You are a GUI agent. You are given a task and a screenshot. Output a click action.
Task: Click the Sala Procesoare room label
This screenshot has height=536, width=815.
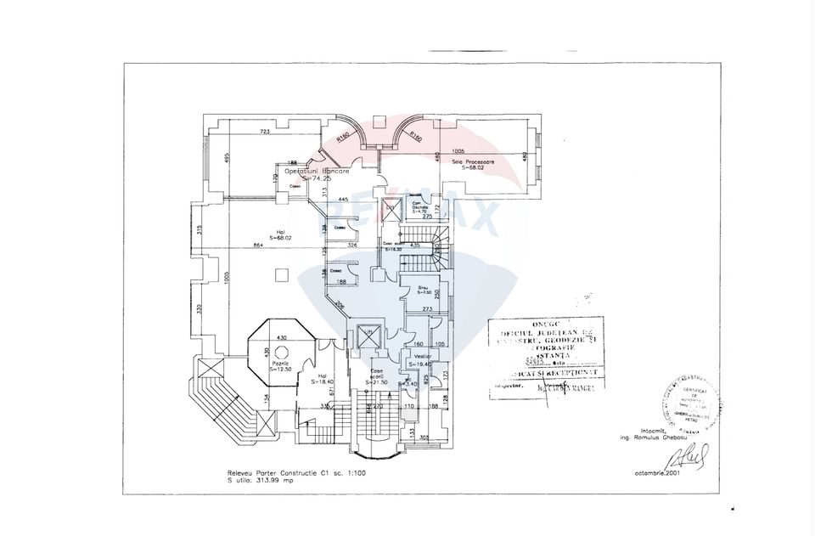[473, 161]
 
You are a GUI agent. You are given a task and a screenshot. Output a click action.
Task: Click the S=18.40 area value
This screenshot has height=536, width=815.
[321, 382]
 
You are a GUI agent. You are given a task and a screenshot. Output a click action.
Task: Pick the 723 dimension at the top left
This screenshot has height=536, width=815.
[265, 132]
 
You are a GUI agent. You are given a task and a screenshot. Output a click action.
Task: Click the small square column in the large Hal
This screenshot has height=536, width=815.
[279, 274]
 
